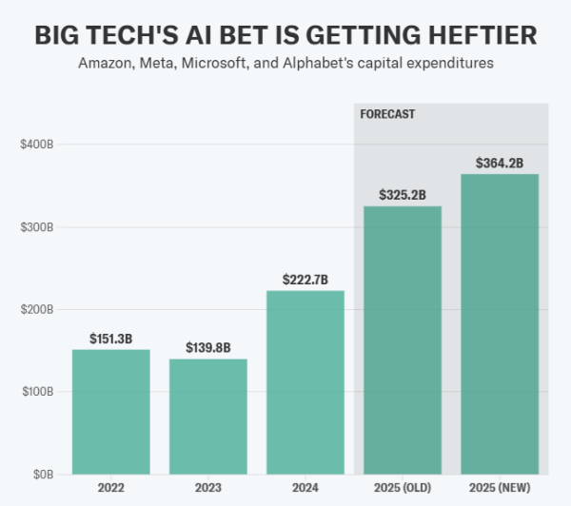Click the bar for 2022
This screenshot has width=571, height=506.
tap(111, 412)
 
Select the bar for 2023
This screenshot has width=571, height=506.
tap(208, 417)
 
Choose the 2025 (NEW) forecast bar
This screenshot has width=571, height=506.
tap(500, 323)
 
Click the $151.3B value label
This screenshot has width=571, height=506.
tap(111, 338)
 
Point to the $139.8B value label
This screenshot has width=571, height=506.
tap(208, 347)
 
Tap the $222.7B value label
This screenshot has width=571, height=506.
tap(305, 279)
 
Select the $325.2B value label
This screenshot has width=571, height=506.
tap(403, 195)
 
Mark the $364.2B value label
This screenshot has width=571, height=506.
tap(500, 163)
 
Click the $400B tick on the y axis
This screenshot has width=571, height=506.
tap(36, 145)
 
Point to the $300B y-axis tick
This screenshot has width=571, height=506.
tap(36, 227)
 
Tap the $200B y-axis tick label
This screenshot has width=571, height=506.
tap(36, 309)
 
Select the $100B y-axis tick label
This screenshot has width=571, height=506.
tap(36, 392)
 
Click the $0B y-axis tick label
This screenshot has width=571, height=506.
tap(41, 474)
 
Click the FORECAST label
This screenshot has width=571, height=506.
tap(387, 114)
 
